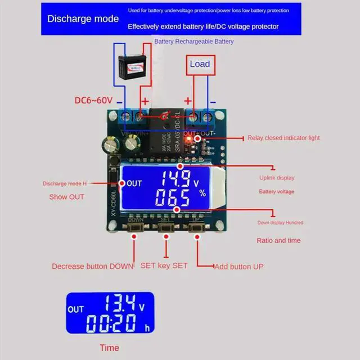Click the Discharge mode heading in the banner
(x=83, y=19)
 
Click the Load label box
(x=200, y=64)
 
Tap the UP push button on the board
(x=196, y=228)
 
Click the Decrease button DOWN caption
(x=93, y=266)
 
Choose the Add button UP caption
(x=238, y=266)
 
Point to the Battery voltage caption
(x=276, y=192)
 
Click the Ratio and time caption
(x=278, y=240)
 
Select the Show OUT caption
(x=66, y=196)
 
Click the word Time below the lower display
(x=109, y=348)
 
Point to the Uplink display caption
(x=276, y=178)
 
